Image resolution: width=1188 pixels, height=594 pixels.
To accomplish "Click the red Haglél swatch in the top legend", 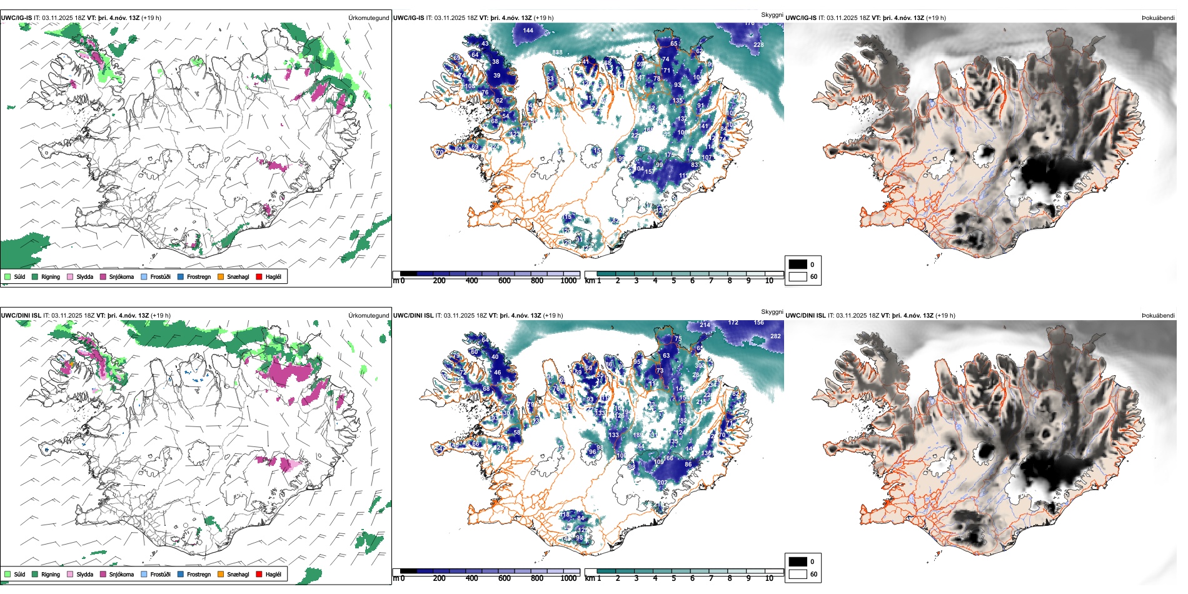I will pyautogui.click(x=259, y=276).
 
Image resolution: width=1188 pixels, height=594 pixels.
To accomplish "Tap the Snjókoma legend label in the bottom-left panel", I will pyautogui.click(x=121, y=574).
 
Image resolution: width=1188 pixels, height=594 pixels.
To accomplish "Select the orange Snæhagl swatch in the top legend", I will pyautogui.click(x=221, y=276).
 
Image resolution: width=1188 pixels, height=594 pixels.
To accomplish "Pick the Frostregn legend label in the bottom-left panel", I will pyautogui.click(x=199, y=574).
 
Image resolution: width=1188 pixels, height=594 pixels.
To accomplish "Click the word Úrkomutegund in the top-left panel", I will pyautogui.click(x=368, y=18).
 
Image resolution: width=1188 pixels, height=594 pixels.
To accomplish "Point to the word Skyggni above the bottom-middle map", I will pyautogui.click(x=772, y=311).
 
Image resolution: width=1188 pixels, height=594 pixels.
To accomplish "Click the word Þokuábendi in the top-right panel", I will pyautogui.click(x=1158, y=18).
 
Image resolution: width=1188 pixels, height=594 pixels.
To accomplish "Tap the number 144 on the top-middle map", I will pyautogui.click(x=528, y=30).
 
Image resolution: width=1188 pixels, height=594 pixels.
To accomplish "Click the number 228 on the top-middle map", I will pyautogui.click(x=758, y=44).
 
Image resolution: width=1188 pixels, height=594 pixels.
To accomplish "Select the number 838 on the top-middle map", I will pyautogui.click(x=557, y=53).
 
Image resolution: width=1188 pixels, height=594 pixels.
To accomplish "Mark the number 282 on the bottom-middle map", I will pyautogui.click(x=775, y=336).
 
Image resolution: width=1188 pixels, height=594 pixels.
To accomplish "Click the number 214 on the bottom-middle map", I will pyautogui.click(x=705, y=325).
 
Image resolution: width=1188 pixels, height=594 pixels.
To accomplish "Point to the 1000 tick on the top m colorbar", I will pyautogui.click(x=568, y=281).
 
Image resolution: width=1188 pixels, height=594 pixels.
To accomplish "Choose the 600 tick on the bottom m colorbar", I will pyautogui.click(x=504, y=578).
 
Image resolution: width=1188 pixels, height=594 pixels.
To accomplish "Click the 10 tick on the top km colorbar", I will pyautogui.click(x=769, y=281).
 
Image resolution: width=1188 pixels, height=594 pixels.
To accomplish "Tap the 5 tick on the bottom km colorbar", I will pyautogui.click(x=673, y=578).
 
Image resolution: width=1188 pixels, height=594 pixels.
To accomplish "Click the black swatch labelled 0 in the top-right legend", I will pyautogui.click(x=798, y=264).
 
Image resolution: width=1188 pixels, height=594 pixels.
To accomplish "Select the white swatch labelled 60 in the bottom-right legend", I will pyautogui.click(x=798, y=574).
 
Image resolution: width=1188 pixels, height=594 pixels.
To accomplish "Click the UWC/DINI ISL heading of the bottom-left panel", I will pyautogui.click(x=21, y=315).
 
